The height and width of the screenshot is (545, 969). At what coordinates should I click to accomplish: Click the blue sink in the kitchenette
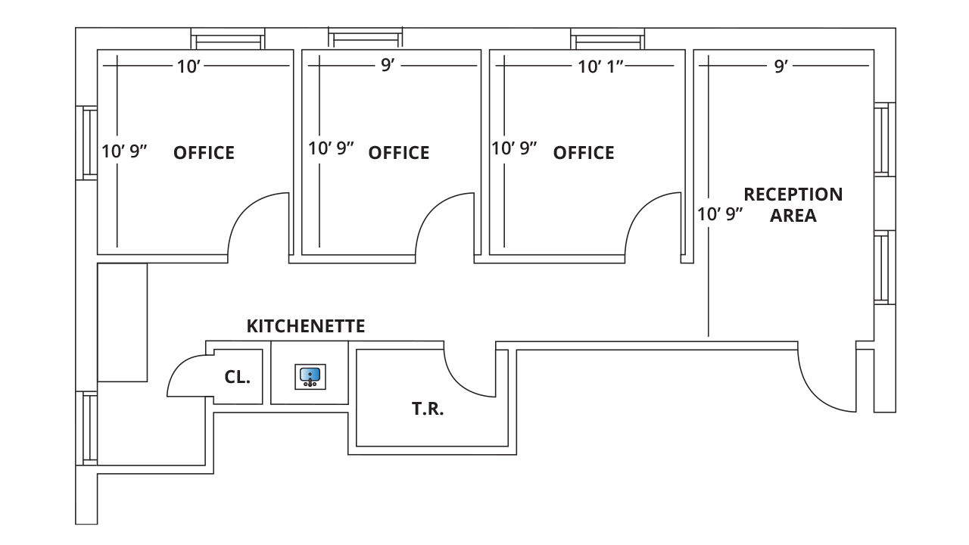click(310, 376)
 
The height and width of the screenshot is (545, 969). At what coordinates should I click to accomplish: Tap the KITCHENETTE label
click(306, 326)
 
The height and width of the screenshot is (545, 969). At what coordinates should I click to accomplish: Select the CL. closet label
click(237, 377)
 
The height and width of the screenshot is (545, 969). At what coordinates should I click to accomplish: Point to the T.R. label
click(428, 410)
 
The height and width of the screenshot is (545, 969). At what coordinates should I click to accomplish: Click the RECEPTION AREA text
click(793, 204)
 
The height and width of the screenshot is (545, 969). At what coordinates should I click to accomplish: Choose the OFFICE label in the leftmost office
click(204, 153)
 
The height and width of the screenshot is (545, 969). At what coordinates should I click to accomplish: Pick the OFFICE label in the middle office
click(398, 153)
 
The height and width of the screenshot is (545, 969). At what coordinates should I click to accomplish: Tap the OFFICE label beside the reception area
click(583, 153)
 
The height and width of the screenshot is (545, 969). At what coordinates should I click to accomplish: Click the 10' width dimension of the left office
click(188, 67)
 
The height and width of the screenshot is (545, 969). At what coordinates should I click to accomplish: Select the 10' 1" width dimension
click(600, 67)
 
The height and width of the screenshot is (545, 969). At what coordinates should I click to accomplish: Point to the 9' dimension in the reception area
click(780, 67)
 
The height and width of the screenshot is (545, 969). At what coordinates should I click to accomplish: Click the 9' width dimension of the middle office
click(388, 66)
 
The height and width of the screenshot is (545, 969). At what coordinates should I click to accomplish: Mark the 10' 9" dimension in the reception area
click(720, 214)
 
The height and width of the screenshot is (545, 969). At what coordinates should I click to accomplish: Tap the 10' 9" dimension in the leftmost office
click(124, 151)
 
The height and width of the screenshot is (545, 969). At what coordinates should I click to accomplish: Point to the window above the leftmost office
click(227, 38)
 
